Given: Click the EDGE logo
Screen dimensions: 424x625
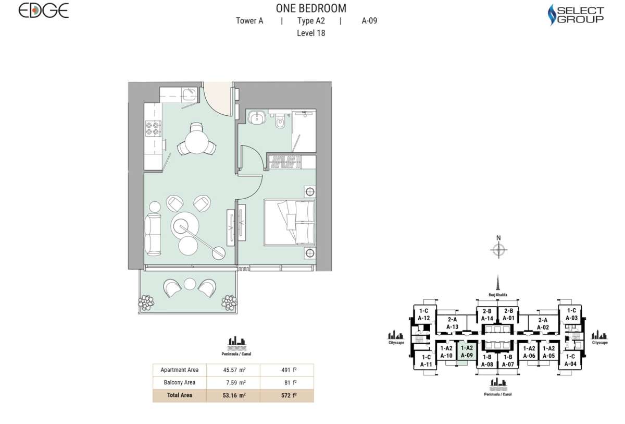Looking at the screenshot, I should point(44,10).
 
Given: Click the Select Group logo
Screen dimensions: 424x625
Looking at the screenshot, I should point(577,15).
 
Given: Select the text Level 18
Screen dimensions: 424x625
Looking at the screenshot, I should point(310,33).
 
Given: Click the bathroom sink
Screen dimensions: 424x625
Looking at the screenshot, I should point(256,118).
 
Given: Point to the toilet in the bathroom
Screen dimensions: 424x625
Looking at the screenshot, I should point(280,123).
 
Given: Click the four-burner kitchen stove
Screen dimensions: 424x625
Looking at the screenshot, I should point(153,128).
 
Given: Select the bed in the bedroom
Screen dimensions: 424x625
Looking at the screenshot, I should point(290,222).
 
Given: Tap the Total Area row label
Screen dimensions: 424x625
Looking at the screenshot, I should point(179,395).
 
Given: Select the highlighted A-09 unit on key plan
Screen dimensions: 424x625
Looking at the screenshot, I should point(466,352).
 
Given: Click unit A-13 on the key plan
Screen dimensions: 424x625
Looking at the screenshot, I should point(452,324).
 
